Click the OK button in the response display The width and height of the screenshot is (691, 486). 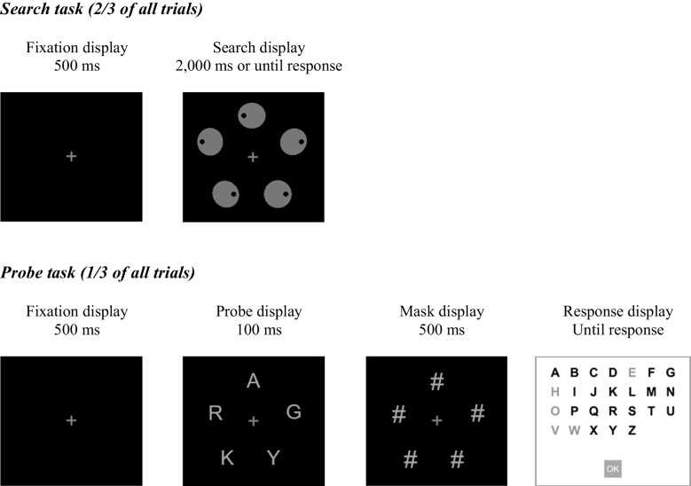click(612, 467)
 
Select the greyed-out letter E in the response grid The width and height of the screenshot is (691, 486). click(632, 372)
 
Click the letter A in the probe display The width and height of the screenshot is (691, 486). click(253, 381)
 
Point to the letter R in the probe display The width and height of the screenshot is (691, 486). click(215, 413)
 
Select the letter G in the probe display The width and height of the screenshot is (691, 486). click(294, 412)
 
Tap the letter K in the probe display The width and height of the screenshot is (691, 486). click(227, 458)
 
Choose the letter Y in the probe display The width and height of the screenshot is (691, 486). click(273, 458)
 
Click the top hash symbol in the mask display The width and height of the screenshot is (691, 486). click(436, 381)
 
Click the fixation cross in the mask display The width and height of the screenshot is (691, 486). click(436, 420)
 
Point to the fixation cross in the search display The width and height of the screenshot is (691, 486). click(253, 157)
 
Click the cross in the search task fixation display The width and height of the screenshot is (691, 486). click(71, 157)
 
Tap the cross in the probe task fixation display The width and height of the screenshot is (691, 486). click(71, 420)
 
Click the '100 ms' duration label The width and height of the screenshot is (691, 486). click(253, 330)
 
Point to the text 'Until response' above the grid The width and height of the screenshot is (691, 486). click(617, 330)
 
